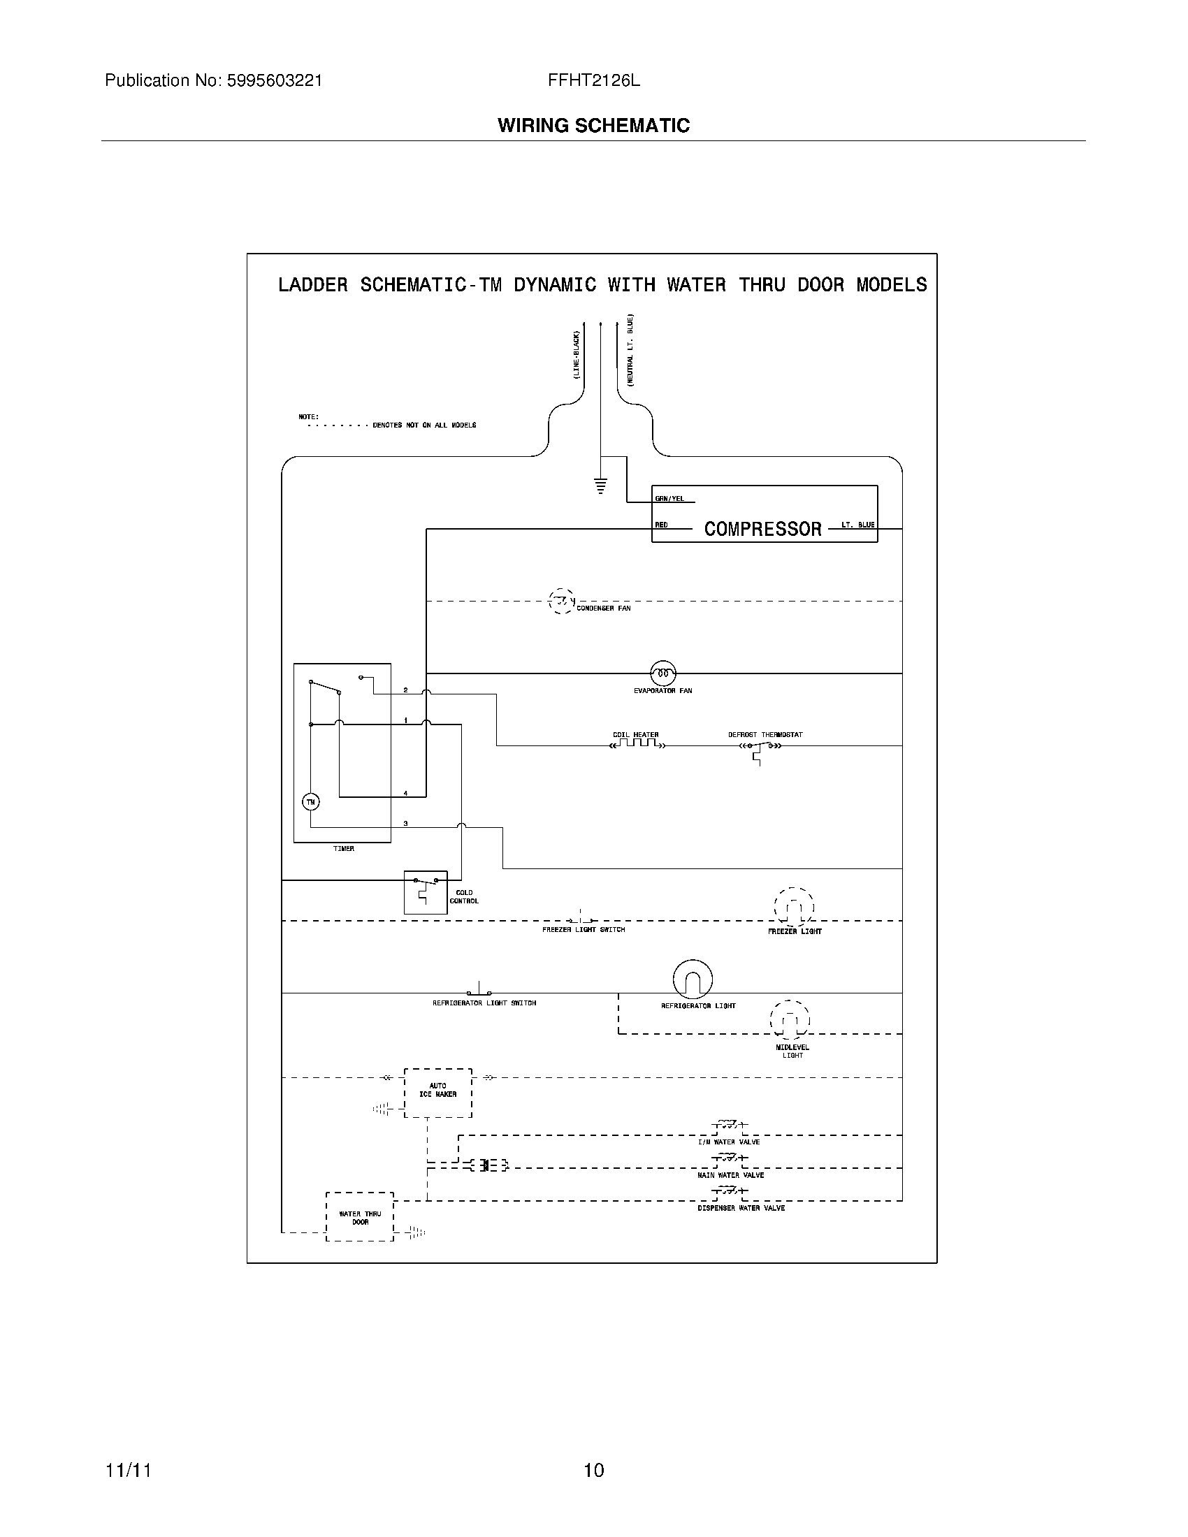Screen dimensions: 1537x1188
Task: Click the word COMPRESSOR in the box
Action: (763, 530)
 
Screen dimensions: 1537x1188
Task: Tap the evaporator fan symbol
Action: (662, 673)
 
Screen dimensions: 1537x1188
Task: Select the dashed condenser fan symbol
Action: (561, 602)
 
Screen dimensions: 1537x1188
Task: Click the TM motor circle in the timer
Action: (310, 801)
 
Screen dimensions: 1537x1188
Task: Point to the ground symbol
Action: (600, 485)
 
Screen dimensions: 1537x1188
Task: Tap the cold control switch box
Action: (425, 891)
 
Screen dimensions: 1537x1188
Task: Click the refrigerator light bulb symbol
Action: (693, 979)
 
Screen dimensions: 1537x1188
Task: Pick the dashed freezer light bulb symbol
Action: (794, 908)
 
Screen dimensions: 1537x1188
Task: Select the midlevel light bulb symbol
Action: (790, 1020)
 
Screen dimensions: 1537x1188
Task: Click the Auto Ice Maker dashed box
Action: (437, 1092)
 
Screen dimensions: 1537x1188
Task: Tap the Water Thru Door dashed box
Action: (360, 1217)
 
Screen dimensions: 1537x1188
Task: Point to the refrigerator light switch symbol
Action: (479, 990)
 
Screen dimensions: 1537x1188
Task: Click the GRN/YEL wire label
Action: (669, 499)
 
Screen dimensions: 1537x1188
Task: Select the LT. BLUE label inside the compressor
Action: (858, 525)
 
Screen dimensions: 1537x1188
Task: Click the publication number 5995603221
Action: (274, 81)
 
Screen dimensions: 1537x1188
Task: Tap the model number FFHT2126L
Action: (594, 81)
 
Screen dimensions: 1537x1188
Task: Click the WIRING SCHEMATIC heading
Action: (594, 126)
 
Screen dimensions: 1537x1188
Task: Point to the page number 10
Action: (594, 1470)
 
